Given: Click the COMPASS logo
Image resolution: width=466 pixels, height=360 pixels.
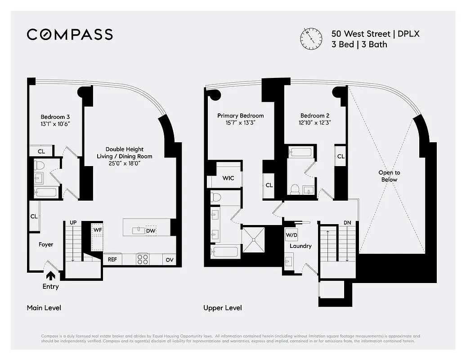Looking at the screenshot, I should (x=70, y=35).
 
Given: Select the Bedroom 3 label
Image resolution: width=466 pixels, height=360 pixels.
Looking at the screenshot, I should (x=55, y=117).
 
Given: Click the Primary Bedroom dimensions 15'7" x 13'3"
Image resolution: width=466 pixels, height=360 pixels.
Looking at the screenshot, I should (x=240, y=123).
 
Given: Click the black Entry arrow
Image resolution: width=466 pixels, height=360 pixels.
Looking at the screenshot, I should (x=50, y=275).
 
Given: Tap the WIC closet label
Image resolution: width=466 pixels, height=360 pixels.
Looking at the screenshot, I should (x=228, y=178).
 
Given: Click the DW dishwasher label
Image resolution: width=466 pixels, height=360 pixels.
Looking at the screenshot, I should (x=151, y=230).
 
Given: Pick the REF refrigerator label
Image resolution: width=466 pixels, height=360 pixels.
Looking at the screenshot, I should (x=112, y=260).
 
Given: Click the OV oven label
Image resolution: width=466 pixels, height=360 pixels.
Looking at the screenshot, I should (x=169, y=260).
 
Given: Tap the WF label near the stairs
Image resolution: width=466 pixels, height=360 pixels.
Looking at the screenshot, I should (x=97, y=230).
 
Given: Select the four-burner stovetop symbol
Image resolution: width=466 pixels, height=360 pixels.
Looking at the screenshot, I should (x=143, y=259).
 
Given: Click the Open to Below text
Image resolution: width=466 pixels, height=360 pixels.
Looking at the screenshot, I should (x=389, y=176).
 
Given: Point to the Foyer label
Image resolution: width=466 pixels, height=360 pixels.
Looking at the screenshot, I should (x=45, y=244).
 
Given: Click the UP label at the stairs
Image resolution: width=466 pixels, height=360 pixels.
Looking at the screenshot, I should (x=73, y=222).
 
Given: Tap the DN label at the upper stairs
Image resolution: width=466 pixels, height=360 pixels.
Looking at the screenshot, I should (x=347, y=222).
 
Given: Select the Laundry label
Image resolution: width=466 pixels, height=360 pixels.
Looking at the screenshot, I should (x=300, y=246).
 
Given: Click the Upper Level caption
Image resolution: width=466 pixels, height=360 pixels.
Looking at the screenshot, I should (x=222, y=308).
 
